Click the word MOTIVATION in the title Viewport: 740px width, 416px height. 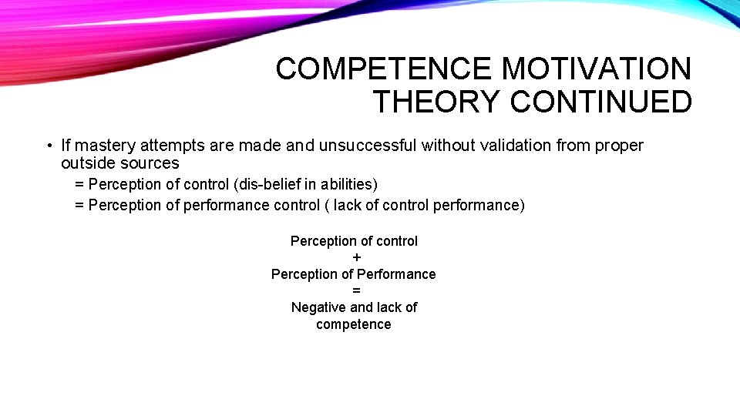tap(597, 69)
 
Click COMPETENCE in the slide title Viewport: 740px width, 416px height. tap(383, 69)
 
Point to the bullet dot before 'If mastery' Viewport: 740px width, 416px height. tap(48, 146)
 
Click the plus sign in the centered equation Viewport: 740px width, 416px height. tap(356, 257)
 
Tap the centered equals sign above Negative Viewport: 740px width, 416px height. tap(356, 290)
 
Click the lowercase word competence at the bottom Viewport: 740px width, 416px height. tap(354, 324)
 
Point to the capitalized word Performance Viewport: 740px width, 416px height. tap(399, 274)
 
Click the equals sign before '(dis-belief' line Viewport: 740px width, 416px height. tap(79, 185)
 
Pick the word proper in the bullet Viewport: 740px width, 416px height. tap(619, 145)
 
